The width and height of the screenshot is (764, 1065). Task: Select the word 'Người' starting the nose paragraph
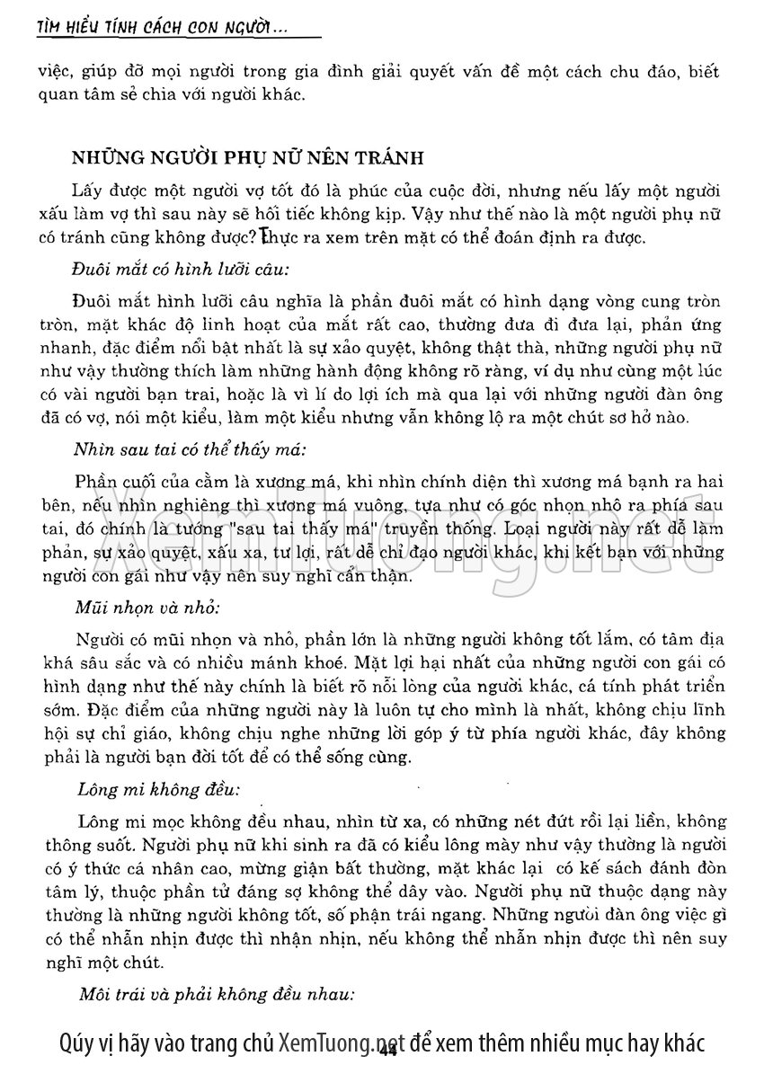[100, 641]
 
